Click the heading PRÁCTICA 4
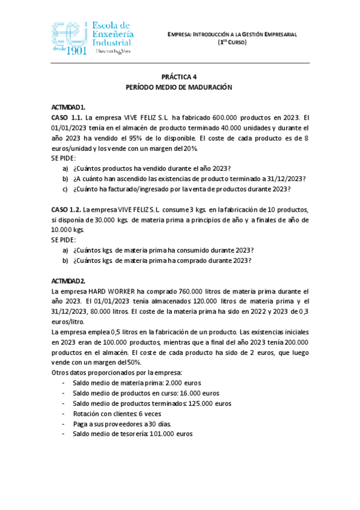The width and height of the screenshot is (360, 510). coord(178,77)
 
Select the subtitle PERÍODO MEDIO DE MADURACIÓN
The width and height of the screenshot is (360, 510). coord(178,87)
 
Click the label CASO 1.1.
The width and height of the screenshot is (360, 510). coord(67,117)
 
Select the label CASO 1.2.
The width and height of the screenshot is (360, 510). coord(67,210)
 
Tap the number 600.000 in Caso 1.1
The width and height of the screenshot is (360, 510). coord(227,117)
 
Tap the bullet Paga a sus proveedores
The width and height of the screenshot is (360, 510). coord(118,423)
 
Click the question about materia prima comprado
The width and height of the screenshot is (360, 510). coord(162,260)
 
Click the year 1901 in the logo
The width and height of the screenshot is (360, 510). coord(74,51)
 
